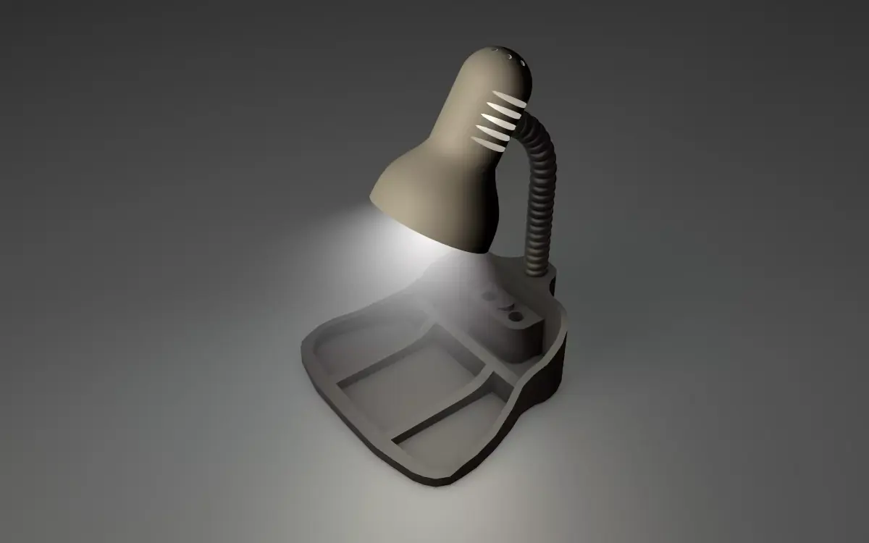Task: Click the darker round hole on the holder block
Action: tap(516, 317)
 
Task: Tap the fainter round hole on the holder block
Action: tap(489, 296)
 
